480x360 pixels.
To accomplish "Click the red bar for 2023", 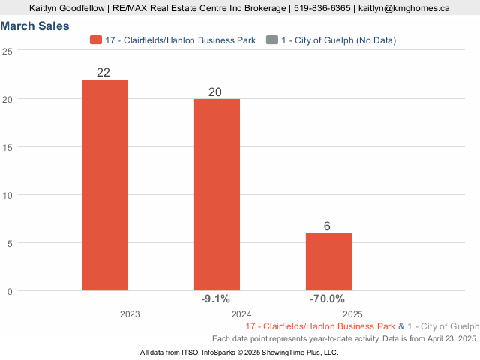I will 105,184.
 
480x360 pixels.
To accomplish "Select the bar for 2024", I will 217,194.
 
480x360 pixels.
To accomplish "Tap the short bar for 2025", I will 328,262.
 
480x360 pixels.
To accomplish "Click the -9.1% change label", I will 216,298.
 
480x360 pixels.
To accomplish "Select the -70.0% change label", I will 327,298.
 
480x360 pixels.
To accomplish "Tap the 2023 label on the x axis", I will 130,314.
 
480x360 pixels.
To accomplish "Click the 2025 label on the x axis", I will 353,314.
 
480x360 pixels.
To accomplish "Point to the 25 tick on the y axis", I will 7,51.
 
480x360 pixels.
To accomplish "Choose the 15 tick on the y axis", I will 7,147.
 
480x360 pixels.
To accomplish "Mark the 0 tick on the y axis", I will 10,291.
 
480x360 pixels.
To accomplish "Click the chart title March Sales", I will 35,26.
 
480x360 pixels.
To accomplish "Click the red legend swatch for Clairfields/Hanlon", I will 95,40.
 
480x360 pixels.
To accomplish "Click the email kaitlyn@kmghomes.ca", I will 404,8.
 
